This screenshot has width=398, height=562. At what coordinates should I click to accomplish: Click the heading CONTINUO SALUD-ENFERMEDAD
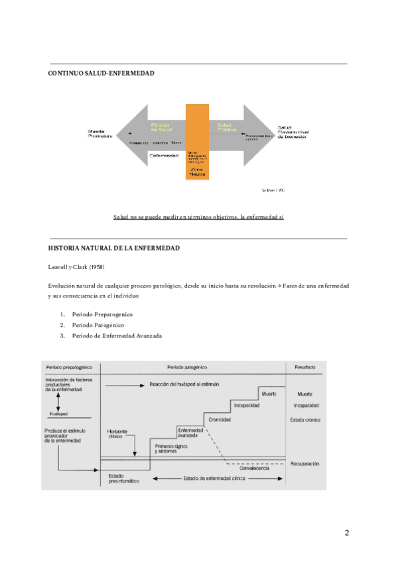coord(101,73)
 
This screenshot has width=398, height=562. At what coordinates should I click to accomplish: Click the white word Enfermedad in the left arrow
coord(163,156)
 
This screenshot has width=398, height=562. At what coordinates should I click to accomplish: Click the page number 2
coord(346,533)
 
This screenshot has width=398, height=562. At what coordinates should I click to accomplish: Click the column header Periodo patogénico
coord(192,366)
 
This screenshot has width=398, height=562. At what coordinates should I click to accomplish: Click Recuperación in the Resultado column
coord(305,463)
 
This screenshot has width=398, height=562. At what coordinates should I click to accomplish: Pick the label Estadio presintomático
coord(123,478)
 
